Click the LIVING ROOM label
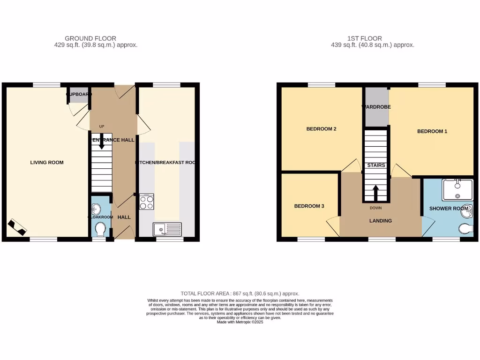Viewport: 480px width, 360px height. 47,163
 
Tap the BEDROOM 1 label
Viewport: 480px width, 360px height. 432,131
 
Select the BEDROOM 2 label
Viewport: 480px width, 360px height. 321,129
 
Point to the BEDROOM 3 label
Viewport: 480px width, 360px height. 309,206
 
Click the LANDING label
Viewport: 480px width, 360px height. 380,221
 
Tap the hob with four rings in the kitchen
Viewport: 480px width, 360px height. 146,202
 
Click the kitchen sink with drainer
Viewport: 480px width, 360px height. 167,229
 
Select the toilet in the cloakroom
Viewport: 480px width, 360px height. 100,230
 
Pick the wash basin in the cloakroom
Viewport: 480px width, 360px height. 97,209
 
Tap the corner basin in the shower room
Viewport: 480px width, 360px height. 467,212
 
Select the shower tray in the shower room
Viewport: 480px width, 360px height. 457,190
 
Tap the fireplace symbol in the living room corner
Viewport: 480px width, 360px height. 17,227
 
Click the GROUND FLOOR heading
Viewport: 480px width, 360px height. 90,38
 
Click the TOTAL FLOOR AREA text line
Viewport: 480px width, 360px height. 240,293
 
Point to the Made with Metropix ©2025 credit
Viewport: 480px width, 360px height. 240,322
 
